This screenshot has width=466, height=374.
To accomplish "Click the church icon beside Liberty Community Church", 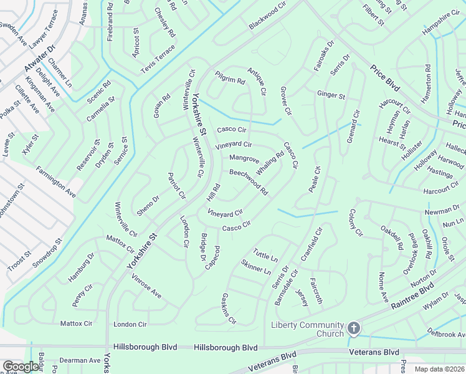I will click(x=353, y=328).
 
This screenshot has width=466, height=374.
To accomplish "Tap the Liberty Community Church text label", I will click(x=307, y=329).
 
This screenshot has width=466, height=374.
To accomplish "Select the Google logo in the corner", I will click(x=21, y=367).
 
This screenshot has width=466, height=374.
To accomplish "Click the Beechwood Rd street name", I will click(x=249, y=181).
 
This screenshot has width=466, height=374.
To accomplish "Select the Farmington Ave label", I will click(x=56, y=182).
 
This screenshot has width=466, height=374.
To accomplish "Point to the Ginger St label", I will click(x=331, y=95).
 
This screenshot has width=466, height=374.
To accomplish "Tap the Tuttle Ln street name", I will click(x=265, y=256).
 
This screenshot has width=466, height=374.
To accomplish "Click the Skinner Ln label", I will click(x=255, y=267).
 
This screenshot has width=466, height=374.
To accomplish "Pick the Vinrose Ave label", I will click(x=146, y=285).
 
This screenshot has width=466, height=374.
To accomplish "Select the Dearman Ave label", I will click(x=80, y=360).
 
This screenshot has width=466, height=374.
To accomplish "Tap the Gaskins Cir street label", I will click(x=229, y=309).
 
